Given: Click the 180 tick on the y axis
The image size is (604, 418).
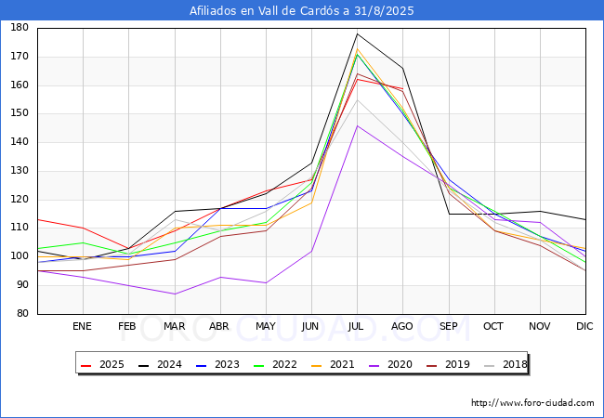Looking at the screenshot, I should (18, 28).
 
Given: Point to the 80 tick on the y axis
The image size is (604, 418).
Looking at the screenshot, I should (20, 314).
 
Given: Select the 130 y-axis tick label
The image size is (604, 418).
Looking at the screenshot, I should (18, 171).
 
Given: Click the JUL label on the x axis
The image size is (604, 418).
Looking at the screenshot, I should (357, 327).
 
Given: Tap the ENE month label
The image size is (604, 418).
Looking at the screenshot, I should (83, 327).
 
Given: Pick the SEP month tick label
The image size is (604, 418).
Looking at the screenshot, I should (448, 327).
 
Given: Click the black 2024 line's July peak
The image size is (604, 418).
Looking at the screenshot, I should (357, 33).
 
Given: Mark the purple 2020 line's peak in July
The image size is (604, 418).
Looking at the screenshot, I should (357, 125).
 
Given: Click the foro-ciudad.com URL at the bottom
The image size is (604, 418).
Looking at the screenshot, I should (532, 403).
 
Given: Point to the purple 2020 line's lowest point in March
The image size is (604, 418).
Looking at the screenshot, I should (175, 294).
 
